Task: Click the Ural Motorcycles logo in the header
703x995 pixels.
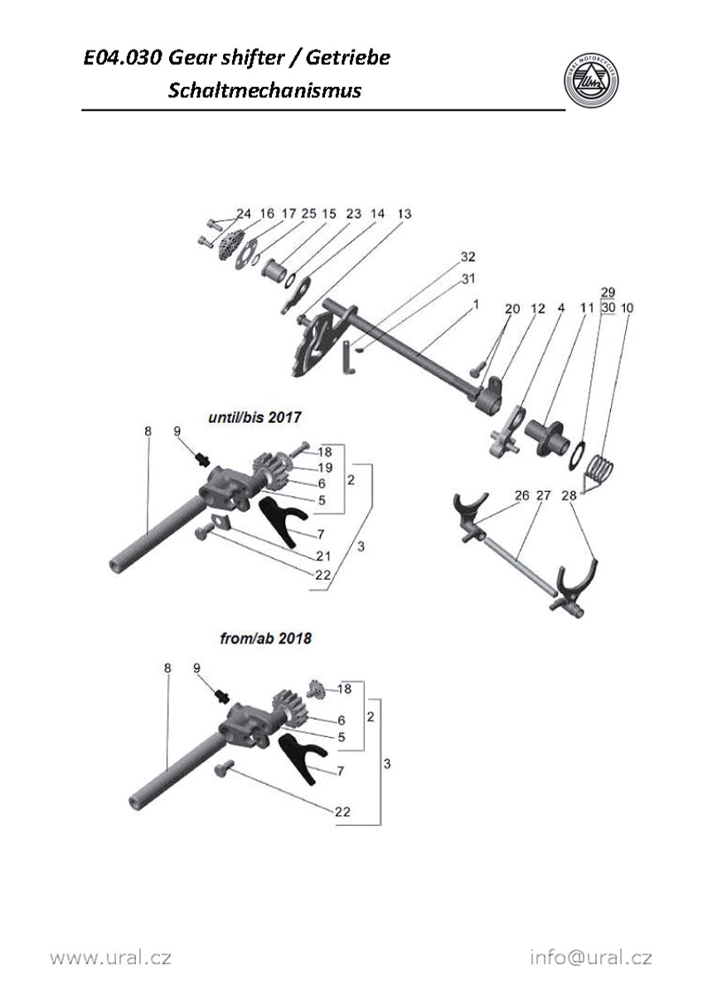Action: click(x=589, y=80)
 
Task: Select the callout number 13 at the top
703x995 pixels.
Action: click(x=404, y=214)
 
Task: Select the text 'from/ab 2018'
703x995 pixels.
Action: click(x=266, y=639)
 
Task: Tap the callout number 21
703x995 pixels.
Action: click(x=323, y=555)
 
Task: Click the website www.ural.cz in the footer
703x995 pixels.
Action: click(x=110, y=958)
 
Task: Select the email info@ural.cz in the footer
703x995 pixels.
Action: click(x=591, y=958)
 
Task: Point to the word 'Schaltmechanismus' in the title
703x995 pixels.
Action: click(x=264, y=90)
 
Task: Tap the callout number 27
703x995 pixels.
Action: click(x=544, y=496)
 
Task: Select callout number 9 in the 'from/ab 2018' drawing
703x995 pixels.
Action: click(x=196, y=667)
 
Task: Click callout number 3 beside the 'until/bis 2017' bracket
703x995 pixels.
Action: click(x=358, y=547)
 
